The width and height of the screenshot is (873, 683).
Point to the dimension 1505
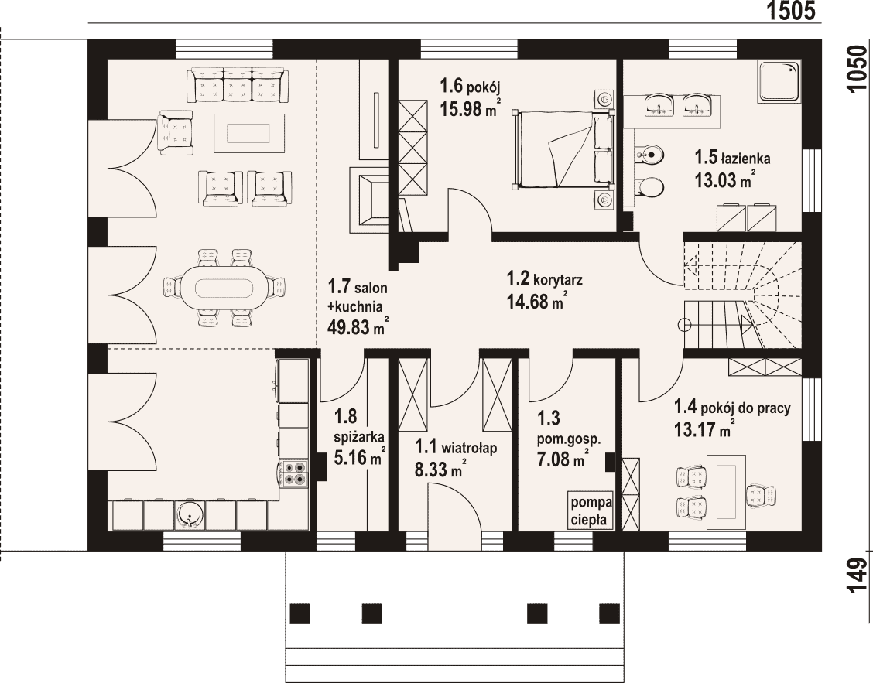(791, 11)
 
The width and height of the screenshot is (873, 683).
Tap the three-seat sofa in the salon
(238, 85)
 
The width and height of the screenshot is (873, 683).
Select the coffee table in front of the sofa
(249, 133)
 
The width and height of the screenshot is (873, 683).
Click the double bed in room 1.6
(563, 149)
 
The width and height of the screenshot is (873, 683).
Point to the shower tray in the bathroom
(779, 81)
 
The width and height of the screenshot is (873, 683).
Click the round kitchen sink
(191, 515)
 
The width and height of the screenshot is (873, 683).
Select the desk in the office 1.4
(726, 491)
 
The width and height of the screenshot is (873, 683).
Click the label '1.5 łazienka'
(732, 158)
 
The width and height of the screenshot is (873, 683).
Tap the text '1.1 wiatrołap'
(456, 447)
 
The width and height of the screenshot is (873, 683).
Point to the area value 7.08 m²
(563, 460)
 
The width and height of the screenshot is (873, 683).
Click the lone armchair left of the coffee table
(176, 132)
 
